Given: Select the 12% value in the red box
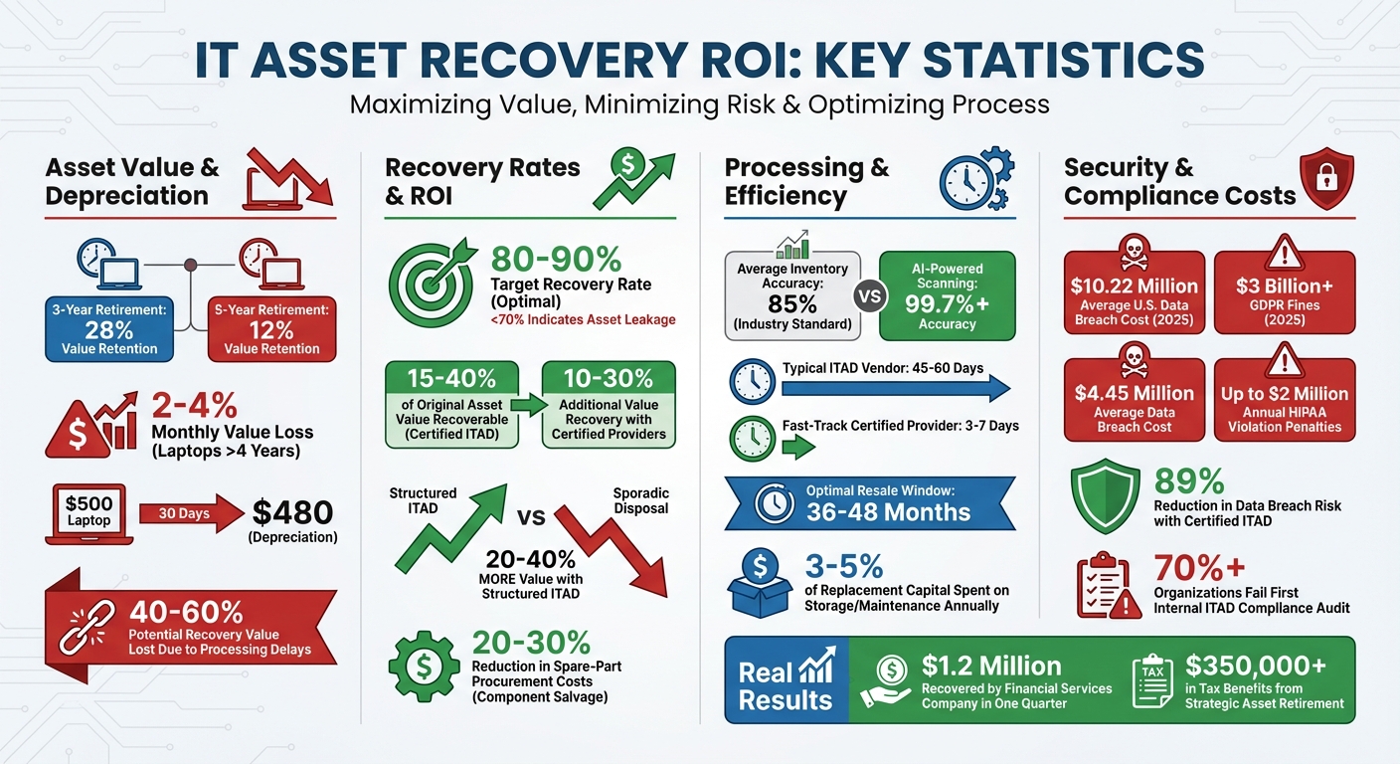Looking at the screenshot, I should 271,329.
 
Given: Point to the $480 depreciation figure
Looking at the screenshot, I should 294,511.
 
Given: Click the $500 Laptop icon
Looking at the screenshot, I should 89,513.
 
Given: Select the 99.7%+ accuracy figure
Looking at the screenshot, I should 947,303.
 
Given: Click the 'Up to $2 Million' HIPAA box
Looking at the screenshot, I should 1285,399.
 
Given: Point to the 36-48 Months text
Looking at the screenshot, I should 888,512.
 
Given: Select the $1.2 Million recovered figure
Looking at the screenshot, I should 991,666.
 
